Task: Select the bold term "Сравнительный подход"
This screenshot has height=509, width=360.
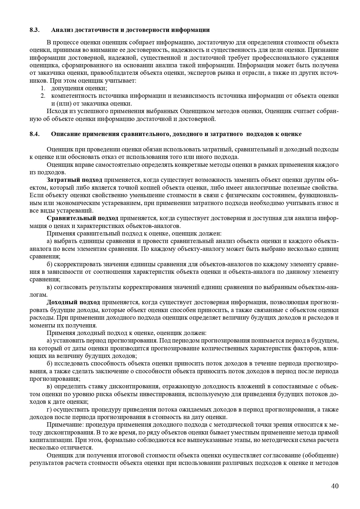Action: (82, 218)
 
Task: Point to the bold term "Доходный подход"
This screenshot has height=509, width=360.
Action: (73, 302)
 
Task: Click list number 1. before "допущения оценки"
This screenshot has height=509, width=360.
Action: (43, 88)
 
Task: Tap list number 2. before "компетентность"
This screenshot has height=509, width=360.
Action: (43, 96)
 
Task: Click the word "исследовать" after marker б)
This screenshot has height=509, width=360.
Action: (71, 364)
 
